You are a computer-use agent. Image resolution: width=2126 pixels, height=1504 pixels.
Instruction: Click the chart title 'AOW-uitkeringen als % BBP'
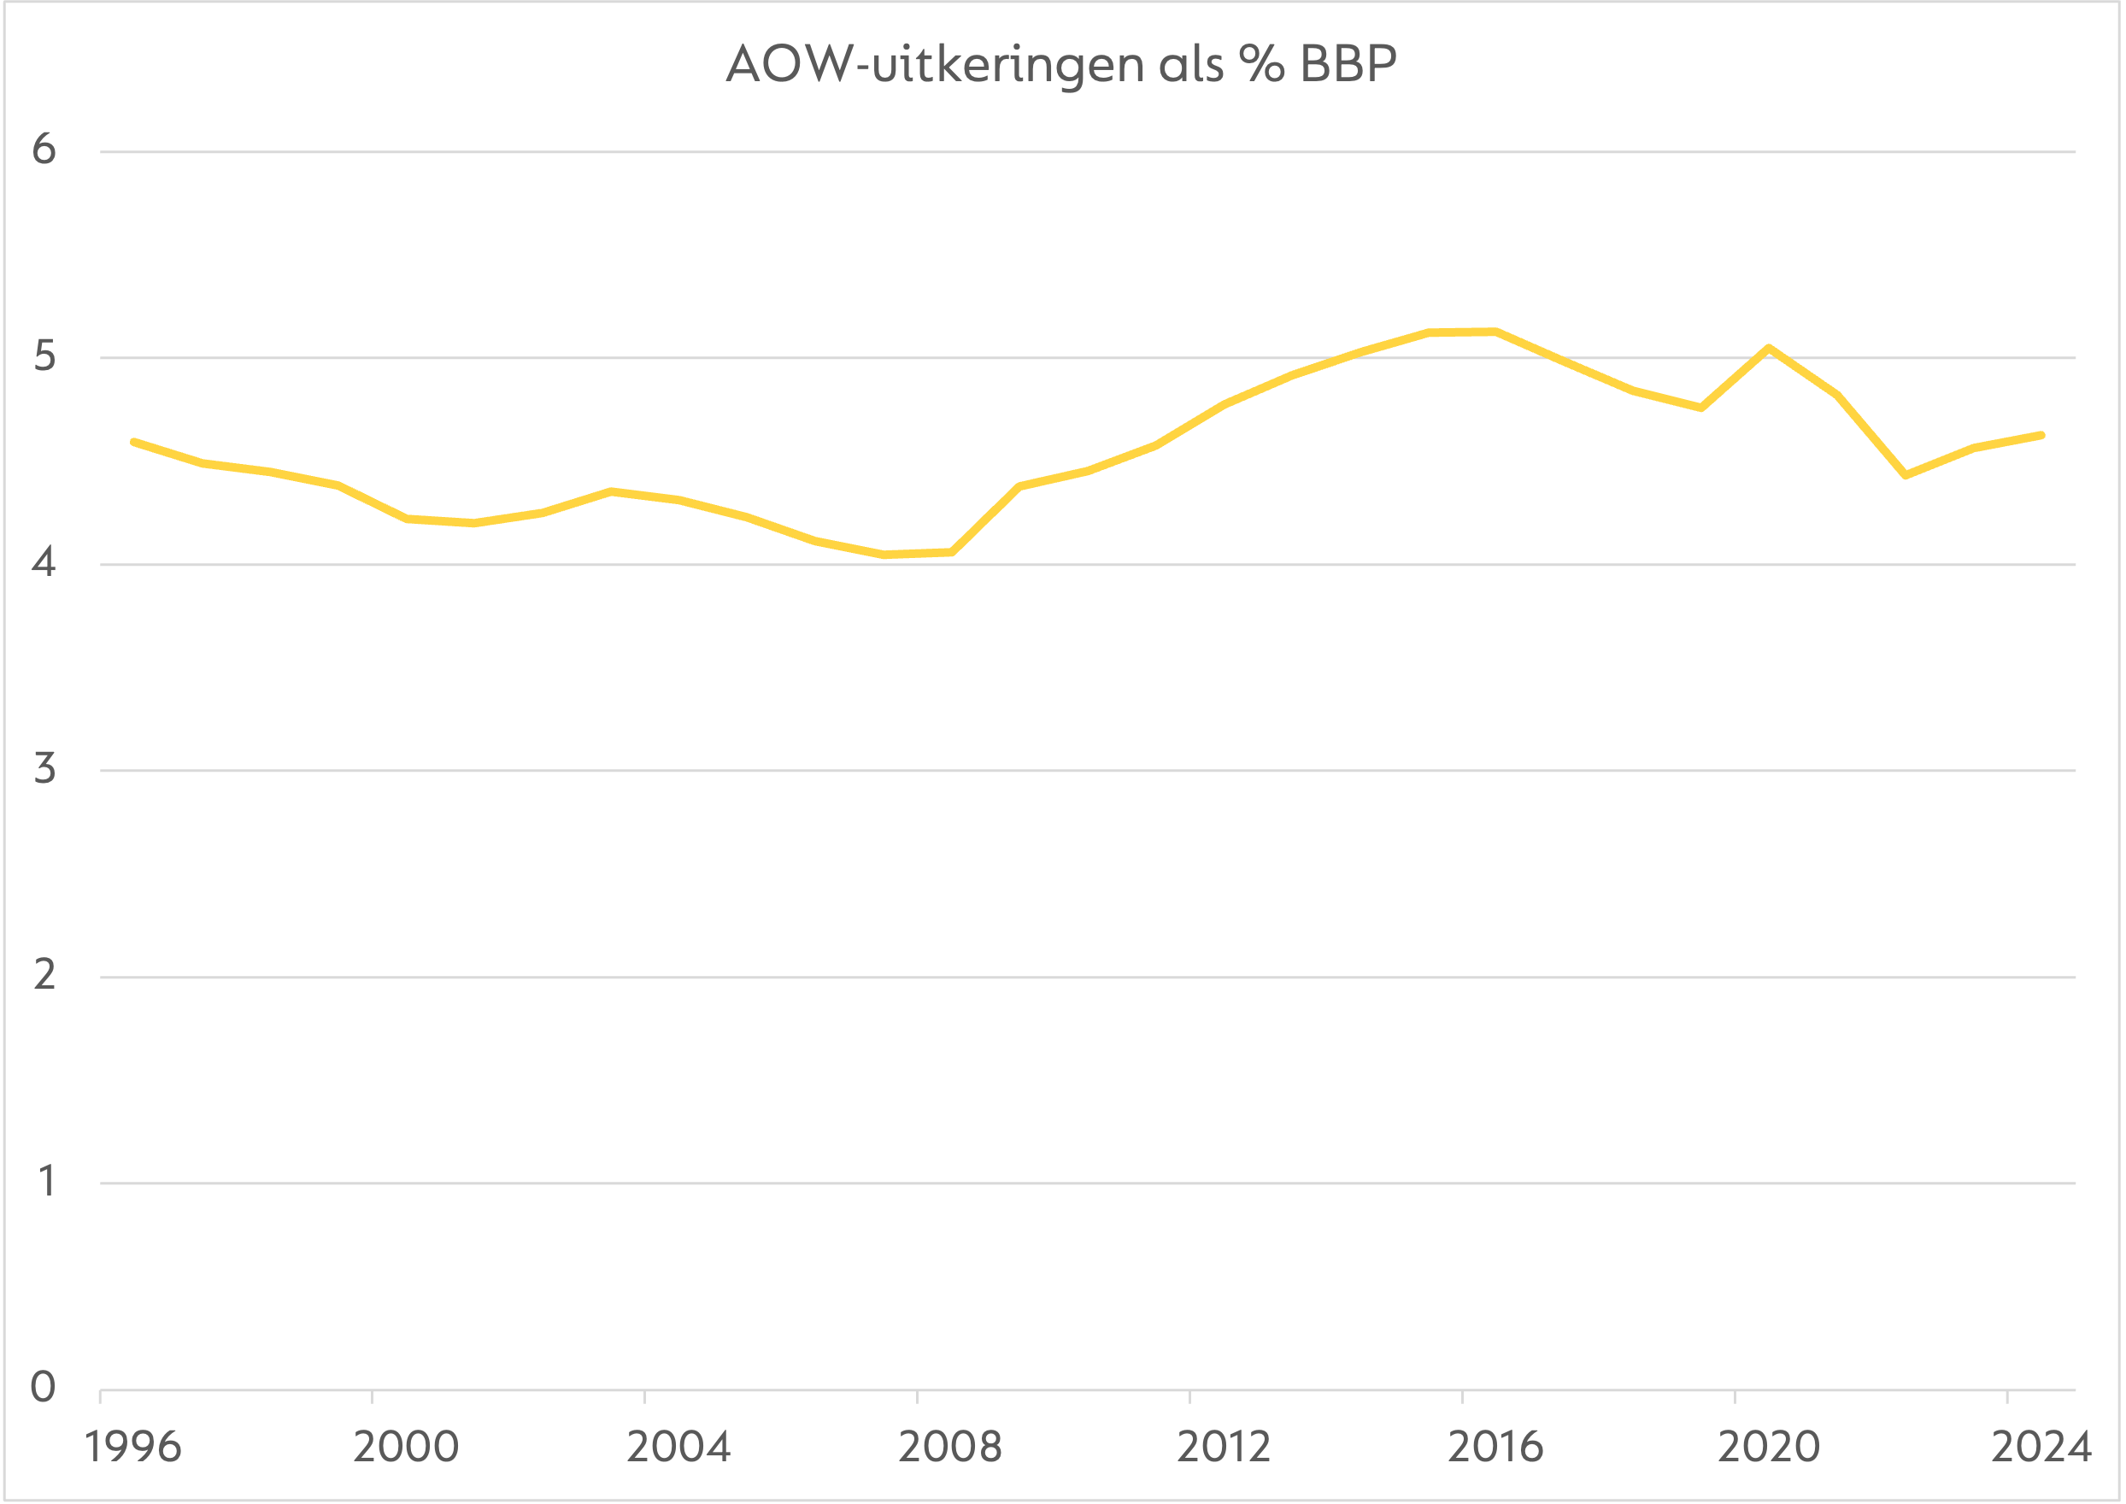click(x=1061, y=65)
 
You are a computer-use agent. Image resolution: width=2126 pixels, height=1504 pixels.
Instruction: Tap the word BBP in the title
click(x=1348, y=65)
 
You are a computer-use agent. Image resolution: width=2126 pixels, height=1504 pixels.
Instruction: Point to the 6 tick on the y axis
click(x=44, y=149)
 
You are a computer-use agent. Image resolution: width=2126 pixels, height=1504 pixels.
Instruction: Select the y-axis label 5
click(x=44, y=356)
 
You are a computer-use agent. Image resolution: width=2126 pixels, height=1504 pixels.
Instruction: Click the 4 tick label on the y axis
click(x=44, y=563)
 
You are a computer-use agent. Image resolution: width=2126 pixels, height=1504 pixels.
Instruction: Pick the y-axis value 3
click(x=44, y=770)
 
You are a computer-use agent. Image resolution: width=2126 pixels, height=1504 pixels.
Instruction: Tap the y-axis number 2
click(x=44, y=976)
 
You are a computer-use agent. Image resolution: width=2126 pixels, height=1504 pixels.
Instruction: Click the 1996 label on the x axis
click(x=133, y=1448)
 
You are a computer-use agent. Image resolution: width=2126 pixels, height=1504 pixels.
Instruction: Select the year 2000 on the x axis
click(x=406, y=1448)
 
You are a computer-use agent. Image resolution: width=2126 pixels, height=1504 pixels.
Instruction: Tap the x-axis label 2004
click(x=678, y=1448)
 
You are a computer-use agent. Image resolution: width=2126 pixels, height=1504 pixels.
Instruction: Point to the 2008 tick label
click(x=950, y=1448)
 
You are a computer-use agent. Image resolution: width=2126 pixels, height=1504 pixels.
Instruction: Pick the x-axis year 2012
click(x=1223, y=1448)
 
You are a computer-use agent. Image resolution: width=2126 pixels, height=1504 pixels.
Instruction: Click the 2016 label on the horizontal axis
click(x=1495, y=1448)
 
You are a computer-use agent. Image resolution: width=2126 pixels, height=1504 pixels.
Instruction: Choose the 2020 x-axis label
click(x=1769, y=1448)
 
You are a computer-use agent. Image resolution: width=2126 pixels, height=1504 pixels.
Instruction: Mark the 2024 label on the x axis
click(x=2041, y=1448)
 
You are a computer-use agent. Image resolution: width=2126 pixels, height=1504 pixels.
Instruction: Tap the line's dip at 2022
click(x=1905, y=475)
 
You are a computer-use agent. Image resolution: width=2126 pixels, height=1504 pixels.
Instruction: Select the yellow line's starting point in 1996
click(x=134, y=443)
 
